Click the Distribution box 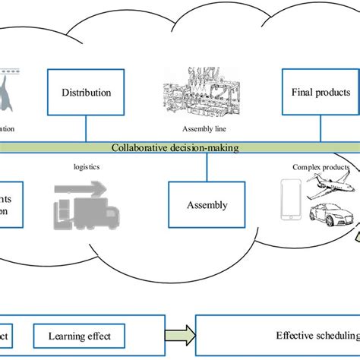coord(86,93)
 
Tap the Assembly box coord(207,204)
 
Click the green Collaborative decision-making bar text coord(175,148)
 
